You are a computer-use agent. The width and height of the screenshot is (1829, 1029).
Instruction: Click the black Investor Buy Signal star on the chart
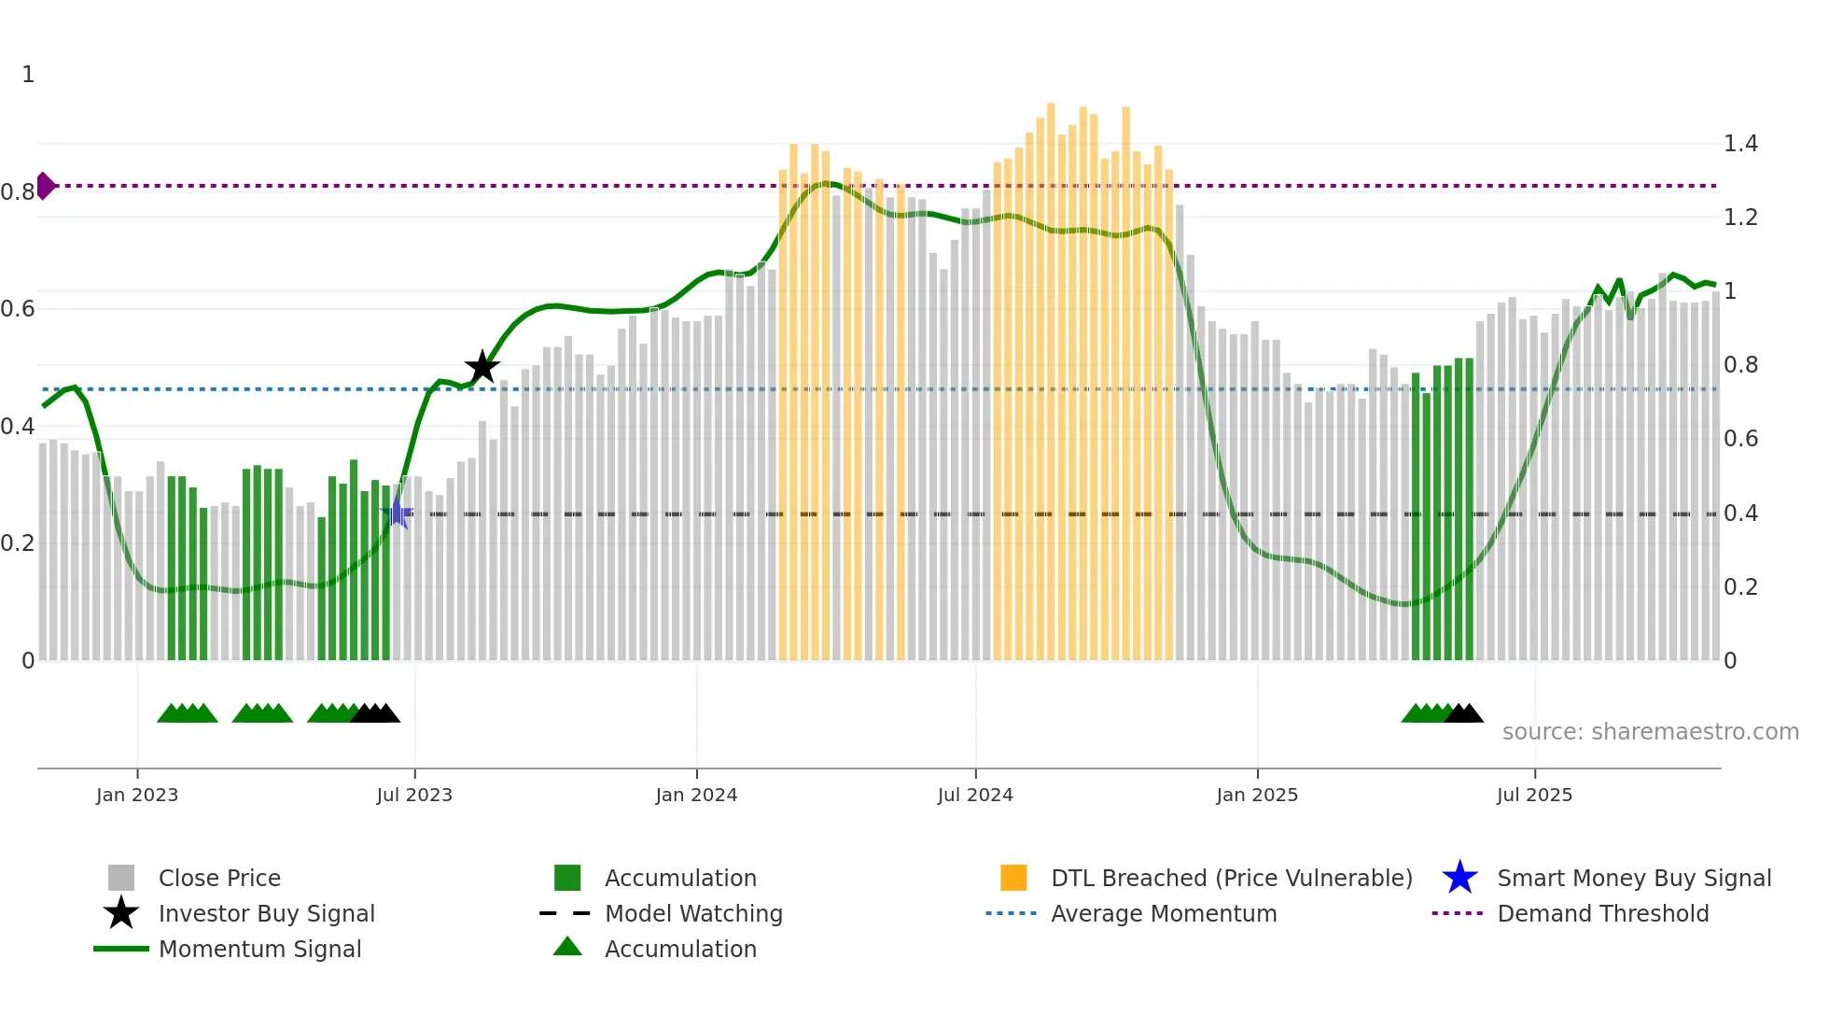(x=482, y=368)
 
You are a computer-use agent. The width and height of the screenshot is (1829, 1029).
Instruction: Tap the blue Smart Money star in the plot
(x=398, y=513)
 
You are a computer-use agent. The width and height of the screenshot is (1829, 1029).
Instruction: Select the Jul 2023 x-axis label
(x=414, y=795)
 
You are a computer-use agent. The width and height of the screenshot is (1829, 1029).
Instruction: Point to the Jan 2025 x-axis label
(x=1257, y=795)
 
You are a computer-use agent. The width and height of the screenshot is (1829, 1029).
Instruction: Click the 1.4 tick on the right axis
(x=1740, y=144)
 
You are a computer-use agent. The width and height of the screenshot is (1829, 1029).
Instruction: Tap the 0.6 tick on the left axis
(x=18, y=309)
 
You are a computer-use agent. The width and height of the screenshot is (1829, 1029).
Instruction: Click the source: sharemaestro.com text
(x=1650, y=732)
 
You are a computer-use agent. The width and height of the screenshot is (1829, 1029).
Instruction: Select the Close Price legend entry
(x=219, y=878)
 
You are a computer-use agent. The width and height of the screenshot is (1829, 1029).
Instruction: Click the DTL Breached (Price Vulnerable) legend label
(x=1231, y=878)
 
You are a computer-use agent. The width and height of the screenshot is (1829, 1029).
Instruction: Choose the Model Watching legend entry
(x=693, y=913)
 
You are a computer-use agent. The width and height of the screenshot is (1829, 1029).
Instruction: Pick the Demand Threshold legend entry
(x=1602, y=913)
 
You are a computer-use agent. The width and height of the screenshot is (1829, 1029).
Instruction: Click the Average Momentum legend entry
(x=1164, y=913)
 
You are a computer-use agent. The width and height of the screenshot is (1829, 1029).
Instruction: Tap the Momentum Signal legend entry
(x=259, y=949)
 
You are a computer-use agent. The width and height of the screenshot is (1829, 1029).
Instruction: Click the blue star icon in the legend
(x=1459, y=878)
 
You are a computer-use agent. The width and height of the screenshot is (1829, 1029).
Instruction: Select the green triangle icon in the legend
(x=567, y=947)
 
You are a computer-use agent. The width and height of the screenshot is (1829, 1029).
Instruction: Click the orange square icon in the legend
(x=1013, y=878)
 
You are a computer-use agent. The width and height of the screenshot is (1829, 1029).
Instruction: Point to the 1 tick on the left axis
(x=28, y=75)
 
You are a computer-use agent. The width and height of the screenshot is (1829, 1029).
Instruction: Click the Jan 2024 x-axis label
(x=696, y=795)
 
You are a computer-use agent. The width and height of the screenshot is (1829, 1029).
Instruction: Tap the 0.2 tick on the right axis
(x=1740, y=587)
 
